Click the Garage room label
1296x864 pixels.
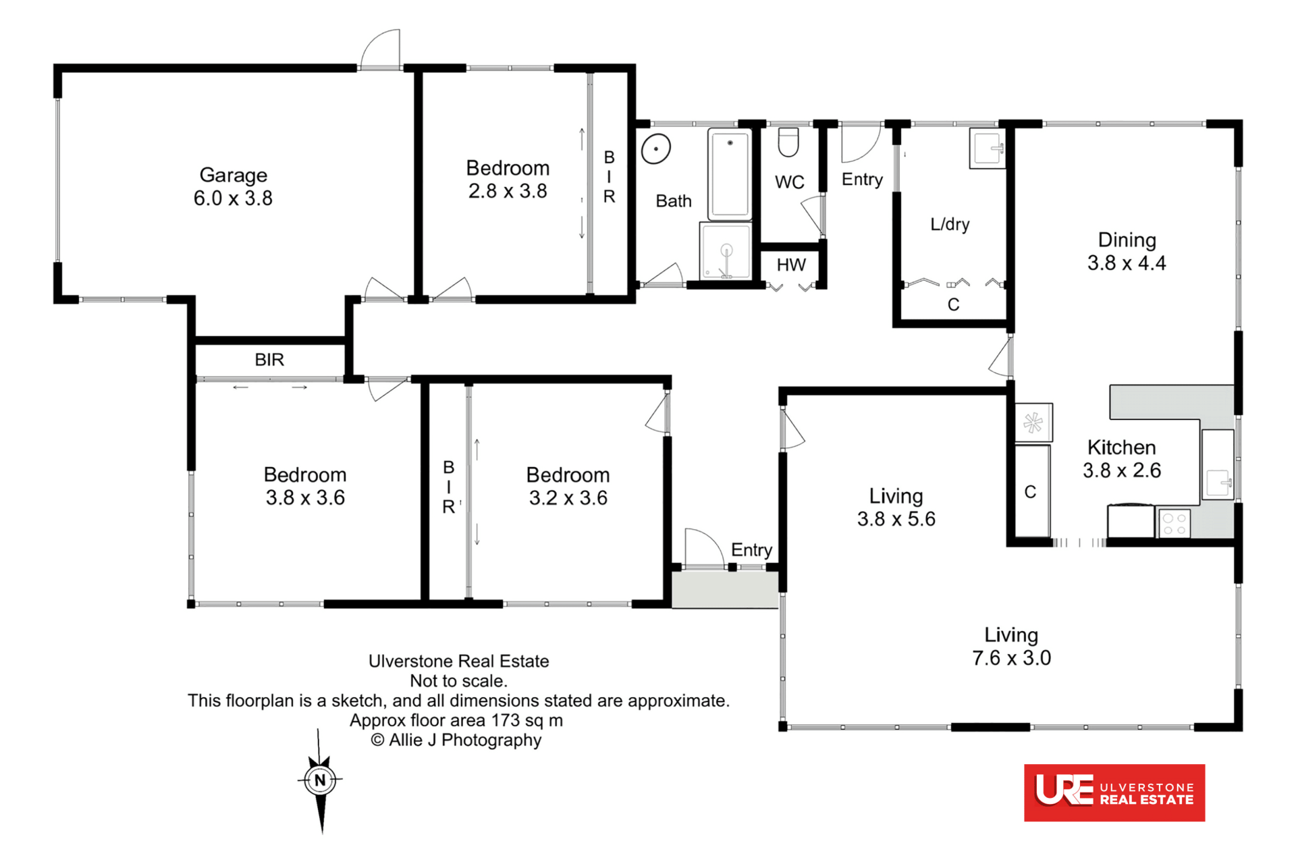pyautogui.click(x=234, y=175)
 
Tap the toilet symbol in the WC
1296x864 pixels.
pyautogui.click(x=788, y=141)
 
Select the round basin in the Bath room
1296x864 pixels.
pyautogui.click(x=655, y=148)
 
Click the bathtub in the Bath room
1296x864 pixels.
pyautogui.click(x=730, y=174)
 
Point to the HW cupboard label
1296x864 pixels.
pyautogui.click(x=791, y=265)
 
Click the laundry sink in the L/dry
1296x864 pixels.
pyautogui.click(x=988, y=148)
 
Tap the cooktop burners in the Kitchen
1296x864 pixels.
pyautogui.click(x=1174, y=524)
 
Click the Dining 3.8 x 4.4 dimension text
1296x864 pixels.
pyautogui.click(x=1127, y=263)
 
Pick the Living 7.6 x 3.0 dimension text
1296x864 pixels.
pyautogui.click(x=1011, y=657)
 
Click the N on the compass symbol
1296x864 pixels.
pyautogui.click(x=320, y=780)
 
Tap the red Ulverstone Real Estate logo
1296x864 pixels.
pyautogui.click(x=1114, y=792)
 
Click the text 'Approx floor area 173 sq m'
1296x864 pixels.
pyautogui.click(x=456, y=720)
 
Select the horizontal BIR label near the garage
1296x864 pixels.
pyautogui.click(x=269, y=360)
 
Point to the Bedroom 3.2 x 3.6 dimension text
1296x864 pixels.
pyautogui.click(x=568, y=497)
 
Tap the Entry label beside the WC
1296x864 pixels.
pyautogui.click(x=862, y=180)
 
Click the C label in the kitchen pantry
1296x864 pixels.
pyautogui.click(x=1030, y=492)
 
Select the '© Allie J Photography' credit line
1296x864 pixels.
pyautogui.click(x=456, y=740)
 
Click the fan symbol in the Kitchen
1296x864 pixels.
pyautogui.click(x=1033, y=423)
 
